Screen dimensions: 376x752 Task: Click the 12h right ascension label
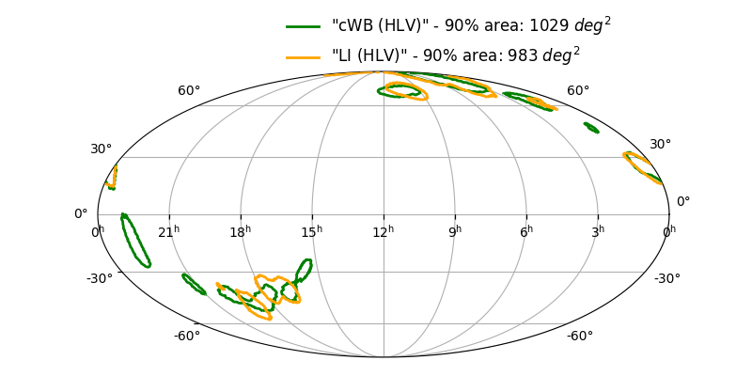point(383,230)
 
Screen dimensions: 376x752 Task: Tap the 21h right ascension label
point(168,230)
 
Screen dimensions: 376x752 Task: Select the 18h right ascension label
point(240,230)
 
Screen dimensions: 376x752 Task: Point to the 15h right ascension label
point(311,230)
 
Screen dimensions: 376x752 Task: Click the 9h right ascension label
point(454,230)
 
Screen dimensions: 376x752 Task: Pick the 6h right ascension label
point(525,230)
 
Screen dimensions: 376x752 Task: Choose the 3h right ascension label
point(597,230)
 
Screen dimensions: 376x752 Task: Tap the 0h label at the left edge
point(97,231)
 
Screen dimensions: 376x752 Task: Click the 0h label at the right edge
point(668,231)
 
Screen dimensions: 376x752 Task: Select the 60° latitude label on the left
point(189,91)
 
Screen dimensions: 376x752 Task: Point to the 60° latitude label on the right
point(578,91)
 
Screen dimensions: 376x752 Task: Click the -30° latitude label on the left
point(100,278)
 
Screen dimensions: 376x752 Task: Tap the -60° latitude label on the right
point(579,337)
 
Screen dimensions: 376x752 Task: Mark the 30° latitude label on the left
point(101,149)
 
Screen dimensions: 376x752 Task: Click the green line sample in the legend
point(304,26)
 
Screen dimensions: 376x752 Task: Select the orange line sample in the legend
point(304,56)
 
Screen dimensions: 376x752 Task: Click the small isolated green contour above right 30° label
point(591,127)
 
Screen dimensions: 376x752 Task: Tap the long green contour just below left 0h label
point(135,241)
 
